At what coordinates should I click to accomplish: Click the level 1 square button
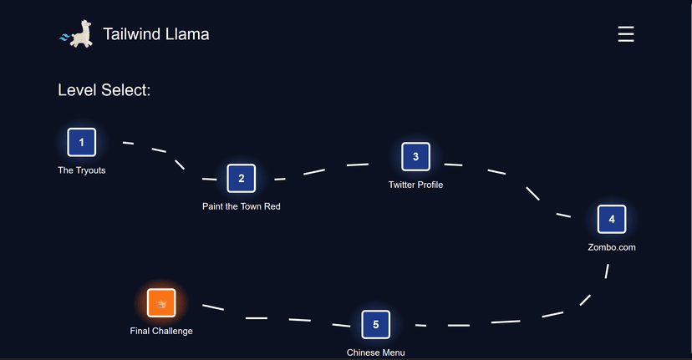[x=81, y=142]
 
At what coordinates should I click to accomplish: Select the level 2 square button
[x=241, y=178]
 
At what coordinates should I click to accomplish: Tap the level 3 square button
[x=415, y=156]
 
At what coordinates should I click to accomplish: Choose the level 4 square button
[x=612, y=219]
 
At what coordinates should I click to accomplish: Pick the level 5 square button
[x=375, y=324]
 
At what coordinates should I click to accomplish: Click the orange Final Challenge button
[x=161, y=302]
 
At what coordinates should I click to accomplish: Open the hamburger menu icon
[x=626, y=34]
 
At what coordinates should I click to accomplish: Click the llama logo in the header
[x=77, y=34]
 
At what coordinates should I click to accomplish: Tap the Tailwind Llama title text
[x=155, y=34]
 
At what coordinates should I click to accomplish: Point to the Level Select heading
[x=104, y=90]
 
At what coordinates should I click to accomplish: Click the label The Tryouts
[x=81, y=170]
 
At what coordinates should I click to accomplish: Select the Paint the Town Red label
[x=241, y=206]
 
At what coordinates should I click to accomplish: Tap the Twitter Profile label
[x=415, y=185]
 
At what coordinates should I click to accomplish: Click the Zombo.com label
[x=612, y=247]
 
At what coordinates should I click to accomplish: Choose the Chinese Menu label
[x=375, y=352]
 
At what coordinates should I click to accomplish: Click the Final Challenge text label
[x=161, y=331]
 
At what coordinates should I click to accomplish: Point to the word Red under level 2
[x=272, y=206]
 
